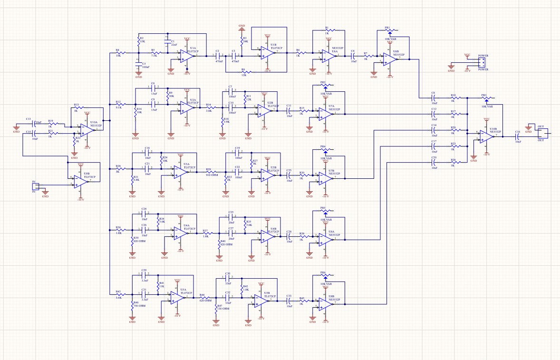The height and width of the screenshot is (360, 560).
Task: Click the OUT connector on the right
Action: tap(542, 133)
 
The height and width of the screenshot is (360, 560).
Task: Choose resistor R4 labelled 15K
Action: tap(118, 52)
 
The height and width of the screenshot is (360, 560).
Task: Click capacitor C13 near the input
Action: tap(34, 125)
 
